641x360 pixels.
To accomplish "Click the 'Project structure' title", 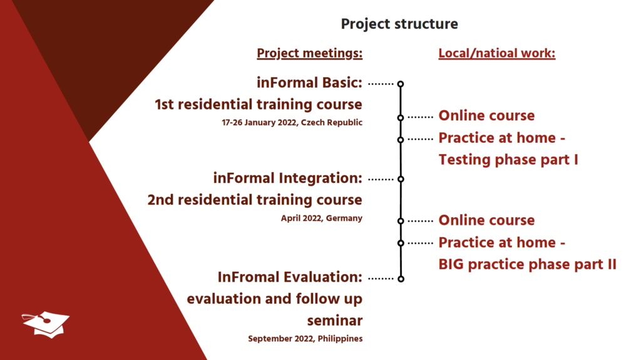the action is (x=399, y=24).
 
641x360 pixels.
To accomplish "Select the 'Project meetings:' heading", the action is (x=309, y=53).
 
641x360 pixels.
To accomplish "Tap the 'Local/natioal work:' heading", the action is (x=496, y=53).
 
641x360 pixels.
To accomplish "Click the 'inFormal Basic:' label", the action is (x=309, y=83).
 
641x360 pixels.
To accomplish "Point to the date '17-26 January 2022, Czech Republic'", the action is (x=292, y=122).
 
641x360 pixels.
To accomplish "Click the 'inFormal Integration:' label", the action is (x=288, y=178).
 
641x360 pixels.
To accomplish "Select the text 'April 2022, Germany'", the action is (x=321, y=218).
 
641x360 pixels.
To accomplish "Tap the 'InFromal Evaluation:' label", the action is (x=290, y=277).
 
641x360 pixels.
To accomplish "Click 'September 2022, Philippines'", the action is (x=305, y=339).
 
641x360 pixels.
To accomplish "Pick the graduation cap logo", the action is (x=46, y=325).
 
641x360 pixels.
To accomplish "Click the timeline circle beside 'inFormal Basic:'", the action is (x=401, y=84).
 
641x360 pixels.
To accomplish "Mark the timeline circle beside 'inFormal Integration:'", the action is (x=401, y=179).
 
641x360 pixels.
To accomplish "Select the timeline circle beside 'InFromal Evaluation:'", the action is (x=401, y=279).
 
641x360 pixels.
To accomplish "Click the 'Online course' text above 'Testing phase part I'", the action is (x=486, y=116).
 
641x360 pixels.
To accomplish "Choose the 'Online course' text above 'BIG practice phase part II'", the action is (x=486, y=220).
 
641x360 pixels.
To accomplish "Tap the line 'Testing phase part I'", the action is (x=508, y=160).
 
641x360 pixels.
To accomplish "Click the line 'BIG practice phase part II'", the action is (x=527, y=265).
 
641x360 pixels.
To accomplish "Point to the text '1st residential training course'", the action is (x=259, y=105).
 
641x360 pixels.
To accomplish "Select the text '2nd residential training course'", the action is (x=255, y=200).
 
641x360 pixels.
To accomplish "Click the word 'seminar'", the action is (x=335, y=321).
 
